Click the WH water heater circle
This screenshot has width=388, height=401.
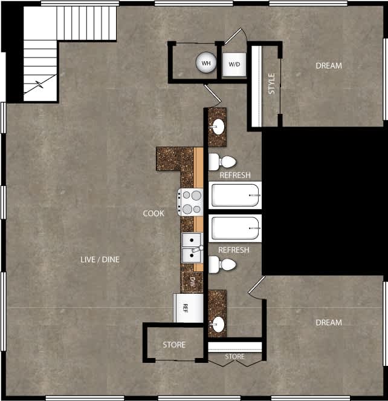tap(206, 62)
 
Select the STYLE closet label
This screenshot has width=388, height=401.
tap(271, 84)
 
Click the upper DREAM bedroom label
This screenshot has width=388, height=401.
tap(328, 65)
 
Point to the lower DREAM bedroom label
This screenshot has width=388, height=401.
tap(328, 322)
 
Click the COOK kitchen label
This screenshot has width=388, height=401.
tap(154, 213)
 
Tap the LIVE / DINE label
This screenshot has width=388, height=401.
tap(100, 259)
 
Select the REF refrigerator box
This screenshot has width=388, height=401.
tap(185, 308)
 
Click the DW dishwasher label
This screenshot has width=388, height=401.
tap(192, 281)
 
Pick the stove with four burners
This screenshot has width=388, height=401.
tap(192, 202)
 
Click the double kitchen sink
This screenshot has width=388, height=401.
tap(192, 248)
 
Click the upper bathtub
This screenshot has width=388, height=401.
tap(236, 196)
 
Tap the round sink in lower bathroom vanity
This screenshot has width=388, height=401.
tap(217, 325)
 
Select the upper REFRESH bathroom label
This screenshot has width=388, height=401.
tap(234, 176)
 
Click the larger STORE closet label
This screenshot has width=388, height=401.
tap(174, 345)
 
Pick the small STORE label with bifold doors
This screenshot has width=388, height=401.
tap(234, 357)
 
